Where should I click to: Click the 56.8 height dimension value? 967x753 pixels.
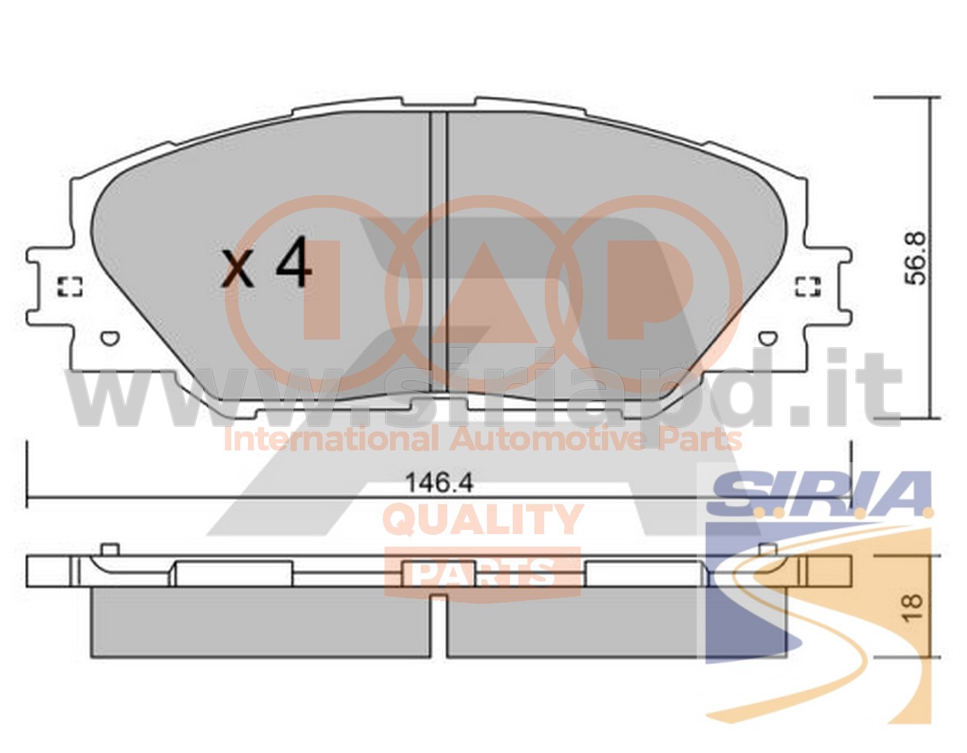point(915,258)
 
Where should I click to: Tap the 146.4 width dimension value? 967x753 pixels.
point(439,482)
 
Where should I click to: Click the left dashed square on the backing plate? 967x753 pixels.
point(70,287)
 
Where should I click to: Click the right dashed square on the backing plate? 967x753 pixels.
point(808,287)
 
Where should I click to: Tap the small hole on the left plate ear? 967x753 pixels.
point(110,338)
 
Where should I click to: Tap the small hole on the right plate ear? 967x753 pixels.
point(768,338)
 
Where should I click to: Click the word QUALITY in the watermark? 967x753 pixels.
point(483,519)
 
